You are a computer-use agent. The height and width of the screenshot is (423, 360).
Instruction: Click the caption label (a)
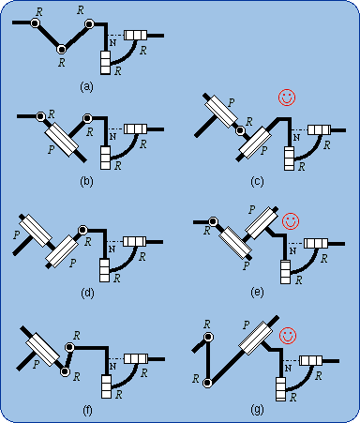coord(86,86)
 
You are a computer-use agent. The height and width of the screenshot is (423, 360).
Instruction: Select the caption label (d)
coord(87,293)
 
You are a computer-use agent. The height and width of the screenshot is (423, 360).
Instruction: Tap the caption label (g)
coord(257,409)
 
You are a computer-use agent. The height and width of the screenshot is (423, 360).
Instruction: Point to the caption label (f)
coord(87,410)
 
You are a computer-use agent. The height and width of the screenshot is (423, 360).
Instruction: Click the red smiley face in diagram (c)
coord(287,98)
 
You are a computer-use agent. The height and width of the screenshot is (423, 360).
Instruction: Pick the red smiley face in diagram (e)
coord(291,221)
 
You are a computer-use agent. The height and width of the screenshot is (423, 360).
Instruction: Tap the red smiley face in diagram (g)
coord(288,336)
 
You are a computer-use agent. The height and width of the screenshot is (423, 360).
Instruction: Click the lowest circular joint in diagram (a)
coord(62,50)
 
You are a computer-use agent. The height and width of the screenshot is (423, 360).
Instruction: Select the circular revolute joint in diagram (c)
coord(240,130)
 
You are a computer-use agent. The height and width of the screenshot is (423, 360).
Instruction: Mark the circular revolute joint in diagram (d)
coord(82,230)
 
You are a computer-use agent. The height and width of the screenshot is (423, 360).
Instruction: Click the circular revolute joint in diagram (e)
coord(213,221)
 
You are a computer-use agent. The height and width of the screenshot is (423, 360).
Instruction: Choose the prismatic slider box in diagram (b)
coord(62,140)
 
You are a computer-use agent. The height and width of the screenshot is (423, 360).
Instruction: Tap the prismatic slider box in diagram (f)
coord(42,349)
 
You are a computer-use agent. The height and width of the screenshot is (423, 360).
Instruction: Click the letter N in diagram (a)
coord(112,43)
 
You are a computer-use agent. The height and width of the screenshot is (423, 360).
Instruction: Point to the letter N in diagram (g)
coord(288,369)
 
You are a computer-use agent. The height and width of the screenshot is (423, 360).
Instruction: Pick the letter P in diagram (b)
coord(52,149)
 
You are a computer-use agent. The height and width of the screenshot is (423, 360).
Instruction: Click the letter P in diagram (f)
coord(37,364)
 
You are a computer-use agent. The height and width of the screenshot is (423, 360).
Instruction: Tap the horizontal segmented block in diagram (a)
coord(136,35)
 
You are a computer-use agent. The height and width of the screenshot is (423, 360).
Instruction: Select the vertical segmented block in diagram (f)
coord(106,386)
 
